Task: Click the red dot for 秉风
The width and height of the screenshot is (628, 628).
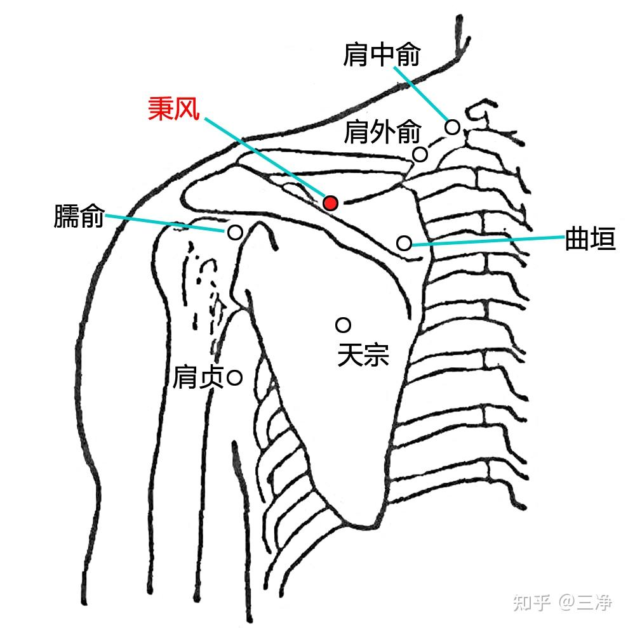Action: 330,202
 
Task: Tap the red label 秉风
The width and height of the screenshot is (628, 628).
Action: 174,108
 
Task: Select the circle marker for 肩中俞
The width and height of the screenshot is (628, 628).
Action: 452,127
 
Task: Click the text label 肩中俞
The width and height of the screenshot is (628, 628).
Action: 382,55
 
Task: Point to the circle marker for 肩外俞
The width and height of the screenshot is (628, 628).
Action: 420,154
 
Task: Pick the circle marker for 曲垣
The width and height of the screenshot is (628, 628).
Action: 404,242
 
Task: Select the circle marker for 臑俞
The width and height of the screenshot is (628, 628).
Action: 234,232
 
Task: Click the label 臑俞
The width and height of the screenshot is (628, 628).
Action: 78,217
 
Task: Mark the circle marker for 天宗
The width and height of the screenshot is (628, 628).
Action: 344,325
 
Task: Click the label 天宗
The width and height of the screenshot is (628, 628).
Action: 363,355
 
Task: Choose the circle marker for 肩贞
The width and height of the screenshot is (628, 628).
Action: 234,378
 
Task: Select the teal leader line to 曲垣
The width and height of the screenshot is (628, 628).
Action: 486,240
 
